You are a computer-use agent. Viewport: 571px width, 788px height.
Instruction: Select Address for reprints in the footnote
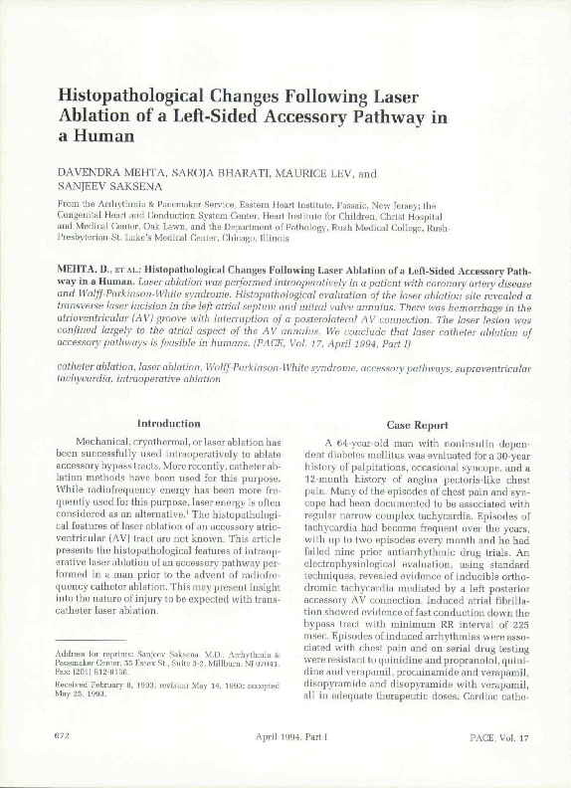(93, 650)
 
